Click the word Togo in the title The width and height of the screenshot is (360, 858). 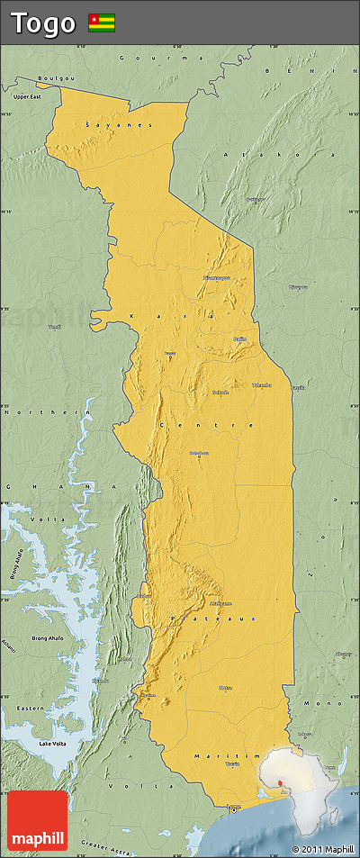(x=43, y=23)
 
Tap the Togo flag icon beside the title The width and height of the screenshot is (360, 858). (x=101, y=23)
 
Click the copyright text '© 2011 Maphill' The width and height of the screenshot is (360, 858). (x=322, y=848)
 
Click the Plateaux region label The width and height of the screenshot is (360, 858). (x=213, y=619)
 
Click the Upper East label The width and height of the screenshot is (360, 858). (x=27, y=95)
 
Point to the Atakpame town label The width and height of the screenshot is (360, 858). (x=220, y=602)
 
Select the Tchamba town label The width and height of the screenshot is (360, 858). (x=261, y=384)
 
